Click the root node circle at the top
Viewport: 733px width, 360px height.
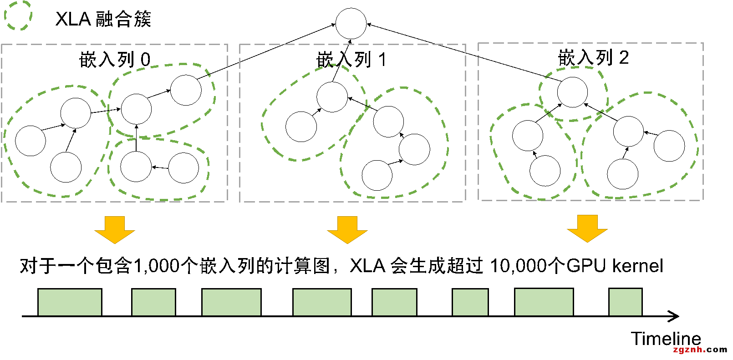(351, 23)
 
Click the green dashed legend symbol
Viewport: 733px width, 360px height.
(18, 15)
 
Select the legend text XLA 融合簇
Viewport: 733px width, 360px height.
(103, 19)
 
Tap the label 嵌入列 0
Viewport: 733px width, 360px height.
(115, 59)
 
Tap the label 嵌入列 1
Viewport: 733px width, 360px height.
(351, 59)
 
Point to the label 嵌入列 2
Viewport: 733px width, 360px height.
(593, 58)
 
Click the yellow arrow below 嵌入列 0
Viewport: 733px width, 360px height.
(115, 229)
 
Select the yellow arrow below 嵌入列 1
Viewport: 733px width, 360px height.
(347, 229)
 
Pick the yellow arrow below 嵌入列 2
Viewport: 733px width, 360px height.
(587, 228)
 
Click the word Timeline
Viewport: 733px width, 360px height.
(666, 339)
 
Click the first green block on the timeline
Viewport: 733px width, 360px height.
(70, 302)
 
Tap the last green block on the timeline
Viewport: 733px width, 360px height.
(626, 302)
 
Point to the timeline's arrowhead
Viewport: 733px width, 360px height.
(675, 316)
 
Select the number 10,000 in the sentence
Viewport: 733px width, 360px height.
(521, 266)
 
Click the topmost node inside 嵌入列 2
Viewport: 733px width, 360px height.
(572, 92)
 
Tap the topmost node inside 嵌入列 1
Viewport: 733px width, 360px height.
(332, 96)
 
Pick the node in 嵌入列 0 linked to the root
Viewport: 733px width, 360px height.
(186, 90)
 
